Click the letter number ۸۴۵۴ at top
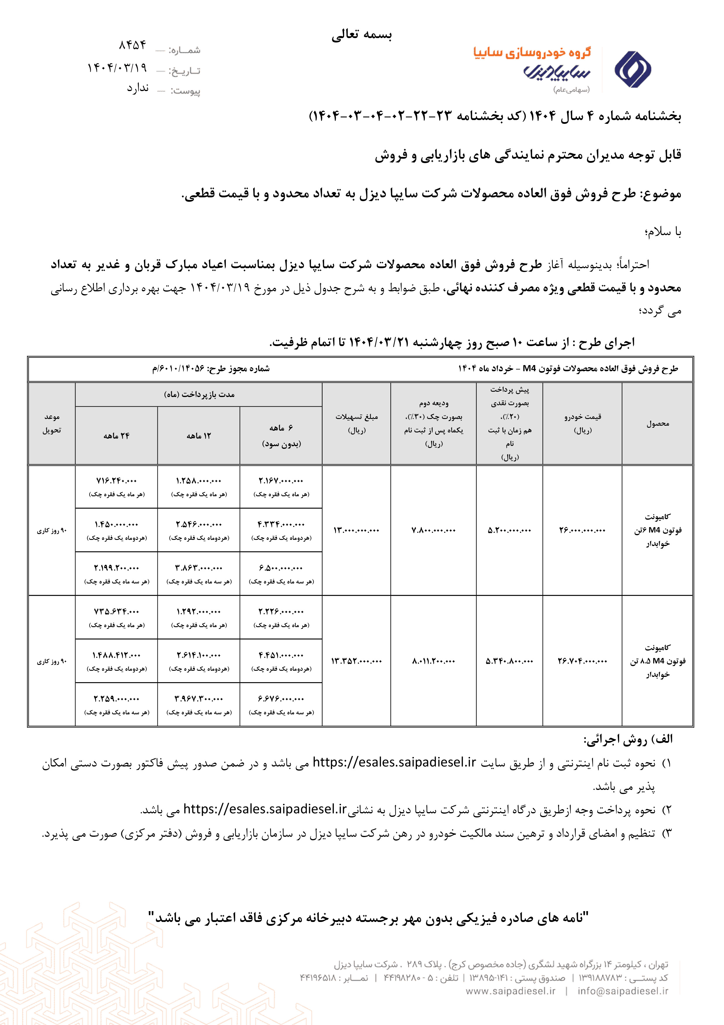(x=133, y=45)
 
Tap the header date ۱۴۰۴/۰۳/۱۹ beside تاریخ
(x=117, y=68)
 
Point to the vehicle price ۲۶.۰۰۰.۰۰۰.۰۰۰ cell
(x=582, y=530)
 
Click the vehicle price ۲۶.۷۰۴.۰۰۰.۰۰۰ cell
(x=582, y=661)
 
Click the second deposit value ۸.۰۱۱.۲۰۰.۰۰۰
(x=433, y=661)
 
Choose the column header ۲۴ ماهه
(x=116, y=436)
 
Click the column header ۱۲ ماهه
(x=199, y=436)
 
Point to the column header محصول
(x=658, y=424)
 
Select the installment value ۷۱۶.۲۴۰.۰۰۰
(x=116, y=481)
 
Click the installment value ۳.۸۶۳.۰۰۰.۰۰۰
(x=199, y=568)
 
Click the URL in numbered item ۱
(x=394, y=762)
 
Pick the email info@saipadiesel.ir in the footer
(x=623, y=991)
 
